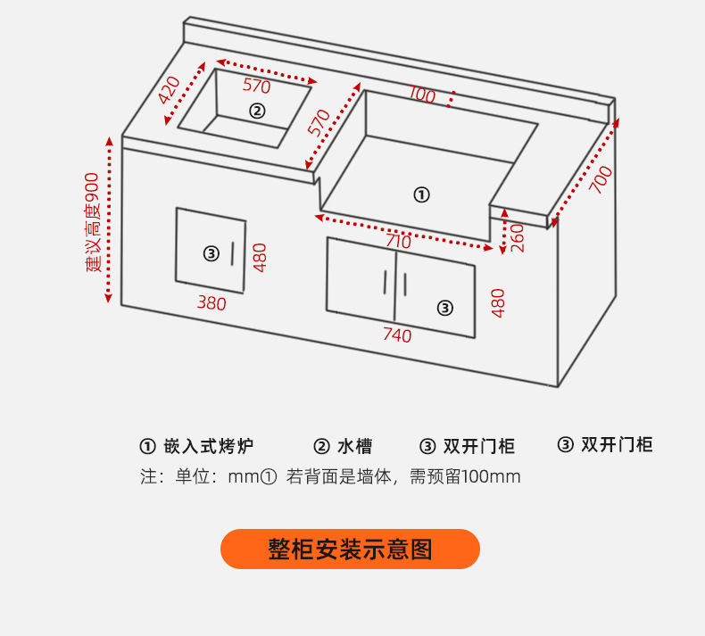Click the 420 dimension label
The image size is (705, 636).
[x=170, y=90]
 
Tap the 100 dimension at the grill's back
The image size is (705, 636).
[x=423, y=94]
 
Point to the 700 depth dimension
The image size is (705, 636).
[x=601, y=179]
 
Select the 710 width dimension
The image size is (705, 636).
[x=398, y=241]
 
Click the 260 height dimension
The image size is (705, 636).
[x=517, y=237]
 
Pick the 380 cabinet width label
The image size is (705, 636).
[x=211, y=303]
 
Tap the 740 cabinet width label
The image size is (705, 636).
[x=397, y=335]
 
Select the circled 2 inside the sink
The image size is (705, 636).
[x=257, y=111]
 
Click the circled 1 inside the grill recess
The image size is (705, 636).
[x=422, y=194]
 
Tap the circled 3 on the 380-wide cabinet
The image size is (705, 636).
[x=211, y=253]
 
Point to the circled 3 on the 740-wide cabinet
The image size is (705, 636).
[x=445, y=308]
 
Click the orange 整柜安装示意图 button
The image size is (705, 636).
[x=350, y=549]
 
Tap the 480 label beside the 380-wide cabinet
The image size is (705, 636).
[x=260, y=258]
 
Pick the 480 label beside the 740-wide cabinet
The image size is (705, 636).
[x=498, y=303]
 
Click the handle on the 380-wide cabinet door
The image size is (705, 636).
[x=233, y=253]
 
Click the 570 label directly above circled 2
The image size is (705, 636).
[x=256, y=87]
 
